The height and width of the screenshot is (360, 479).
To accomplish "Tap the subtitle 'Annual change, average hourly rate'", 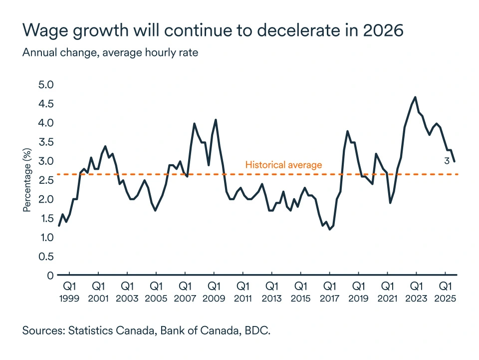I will (x=110, y=53).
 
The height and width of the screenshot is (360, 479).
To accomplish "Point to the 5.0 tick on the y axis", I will (x=45, y=85).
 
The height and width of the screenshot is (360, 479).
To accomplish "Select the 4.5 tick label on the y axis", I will (x=45, y=104).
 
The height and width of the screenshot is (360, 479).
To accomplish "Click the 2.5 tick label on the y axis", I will (x=45, y=180).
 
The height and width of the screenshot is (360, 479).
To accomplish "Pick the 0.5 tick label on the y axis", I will (x=45, y=257).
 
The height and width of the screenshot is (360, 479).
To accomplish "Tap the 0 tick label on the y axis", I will (x=50, y=276).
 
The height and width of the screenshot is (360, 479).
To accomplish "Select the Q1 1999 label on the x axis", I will (x=69, y=292).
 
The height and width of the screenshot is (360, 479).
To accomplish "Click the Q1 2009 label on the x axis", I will (x=214, y=292).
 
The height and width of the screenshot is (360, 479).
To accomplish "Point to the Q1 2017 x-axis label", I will (x=329, y=292).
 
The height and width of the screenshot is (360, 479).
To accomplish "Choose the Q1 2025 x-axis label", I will (x=445, y=292).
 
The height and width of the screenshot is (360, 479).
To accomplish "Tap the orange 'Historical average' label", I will (x=283, y=165).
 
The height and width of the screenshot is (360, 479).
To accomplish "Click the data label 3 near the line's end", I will (x=447, y=160).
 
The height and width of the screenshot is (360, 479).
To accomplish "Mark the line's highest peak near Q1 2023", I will (x=415, y=97).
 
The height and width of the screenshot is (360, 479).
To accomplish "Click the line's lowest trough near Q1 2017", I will (x=330, y=229).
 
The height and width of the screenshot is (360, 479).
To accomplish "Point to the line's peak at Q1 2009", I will (x=216, y=120).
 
